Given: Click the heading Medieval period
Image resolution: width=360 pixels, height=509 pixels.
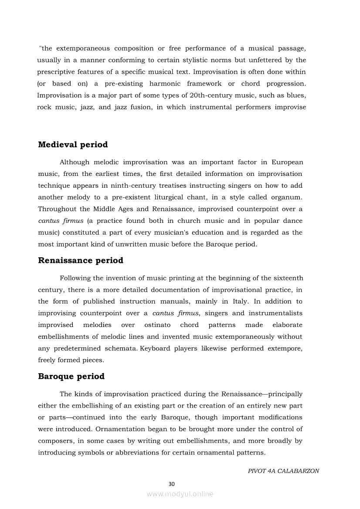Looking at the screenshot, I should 73,145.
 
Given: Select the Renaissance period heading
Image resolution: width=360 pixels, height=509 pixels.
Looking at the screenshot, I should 81,260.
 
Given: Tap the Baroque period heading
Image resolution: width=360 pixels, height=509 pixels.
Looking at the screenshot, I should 71,376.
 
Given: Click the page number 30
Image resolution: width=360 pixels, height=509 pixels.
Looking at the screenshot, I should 171,484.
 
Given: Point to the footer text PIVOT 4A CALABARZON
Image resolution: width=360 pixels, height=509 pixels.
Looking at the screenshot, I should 283,471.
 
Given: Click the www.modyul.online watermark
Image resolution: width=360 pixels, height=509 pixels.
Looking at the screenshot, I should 180,494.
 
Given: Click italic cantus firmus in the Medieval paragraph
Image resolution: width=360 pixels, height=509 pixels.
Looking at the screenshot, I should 61,221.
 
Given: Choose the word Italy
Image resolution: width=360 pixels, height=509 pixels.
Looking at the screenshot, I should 238,301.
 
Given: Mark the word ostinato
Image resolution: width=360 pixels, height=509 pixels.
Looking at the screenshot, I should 157,325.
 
